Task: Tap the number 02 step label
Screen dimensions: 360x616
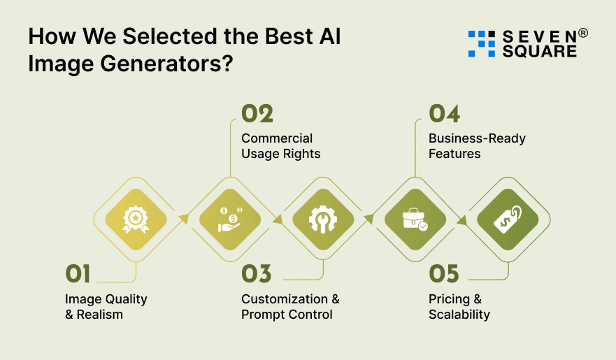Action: point(257,114)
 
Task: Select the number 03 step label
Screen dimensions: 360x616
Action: point(256,273)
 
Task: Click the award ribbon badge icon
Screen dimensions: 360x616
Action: point(136,219)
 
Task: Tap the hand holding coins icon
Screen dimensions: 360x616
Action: point(229,219)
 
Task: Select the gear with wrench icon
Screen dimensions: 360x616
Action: point(322,219)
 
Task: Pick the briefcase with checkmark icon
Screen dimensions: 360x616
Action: point(415,219)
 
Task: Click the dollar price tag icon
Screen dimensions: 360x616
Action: point(508,219)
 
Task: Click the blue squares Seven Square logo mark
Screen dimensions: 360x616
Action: point(481,43)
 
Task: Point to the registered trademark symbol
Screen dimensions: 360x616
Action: point(583,33)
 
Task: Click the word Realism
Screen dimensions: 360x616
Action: point(99,315)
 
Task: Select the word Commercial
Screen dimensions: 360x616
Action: point(277,138)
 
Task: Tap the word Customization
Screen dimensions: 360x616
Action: point(285,299)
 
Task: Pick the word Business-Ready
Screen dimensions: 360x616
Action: point(477,138)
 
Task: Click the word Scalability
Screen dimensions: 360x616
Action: point(459,315)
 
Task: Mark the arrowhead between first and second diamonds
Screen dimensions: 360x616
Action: point(184,218)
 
